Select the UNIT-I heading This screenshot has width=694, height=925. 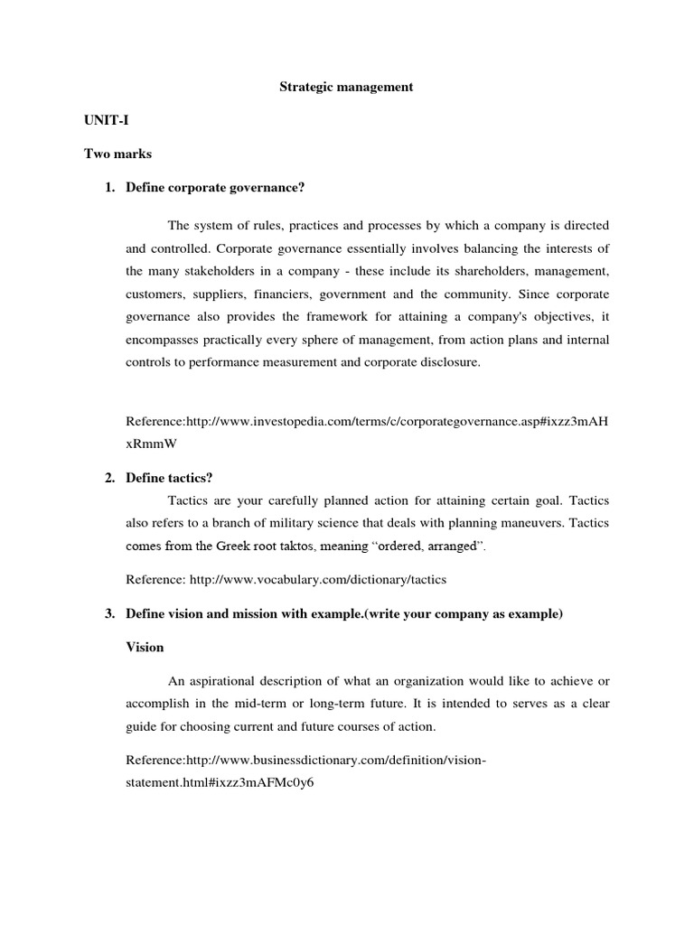[106, 120]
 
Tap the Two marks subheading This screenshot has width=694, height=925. [118, 154]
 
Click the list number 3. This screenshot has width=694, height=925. [109, 614]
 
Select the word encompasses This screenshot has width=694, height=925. [167, 341]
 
